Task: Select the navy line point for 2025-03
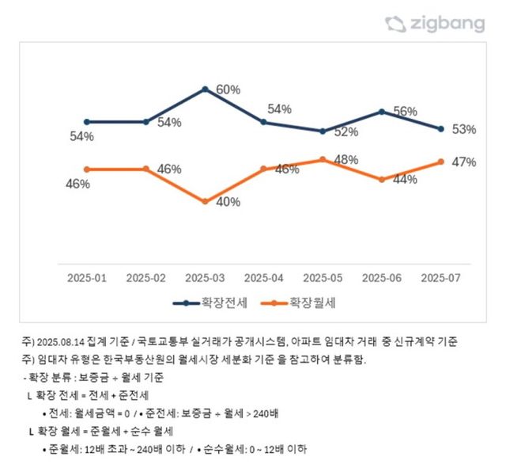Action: [205, 89]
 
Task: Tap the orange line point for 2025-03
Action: [205, 201]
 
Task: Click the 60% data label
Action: [228, 89]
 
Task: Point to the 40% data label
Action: [228, 201]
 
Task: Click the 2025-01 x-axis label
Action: [87, 278]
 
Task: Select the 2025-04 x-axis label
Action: [264, 278]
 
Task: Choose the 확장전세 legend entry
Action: [213, 302]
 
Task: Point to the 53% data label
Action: [463, 129]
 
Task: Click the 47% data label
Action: [463, 162]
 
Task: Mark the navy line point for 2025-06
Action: [382, 112]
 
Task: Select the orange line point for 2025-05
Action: [323, 159]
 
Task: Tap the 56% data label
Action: [405, 112]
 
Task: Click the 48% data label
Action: [346, 159]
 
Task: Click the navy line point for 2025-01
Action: [87, 122]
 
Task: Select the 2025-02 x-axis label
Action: [146, 278]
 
